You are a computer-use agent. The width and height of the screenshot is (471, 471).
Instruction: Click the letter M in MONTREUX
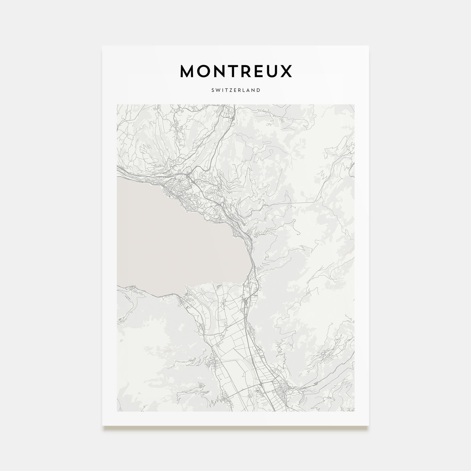188,71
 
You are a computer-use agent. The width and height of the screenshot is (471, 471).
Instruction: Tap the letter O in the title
204,71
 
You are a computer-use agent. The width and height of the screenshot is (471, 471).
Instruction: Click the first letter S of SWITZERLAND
213,90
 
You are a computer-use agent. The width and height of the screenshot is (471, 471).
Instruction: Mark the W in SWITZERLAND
217,90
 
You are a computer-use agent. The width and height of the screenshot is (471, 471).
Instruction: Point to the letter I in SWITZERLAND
221,90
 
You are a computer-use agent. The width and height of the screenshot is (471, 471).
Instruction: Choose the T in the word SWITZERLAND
225,90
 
